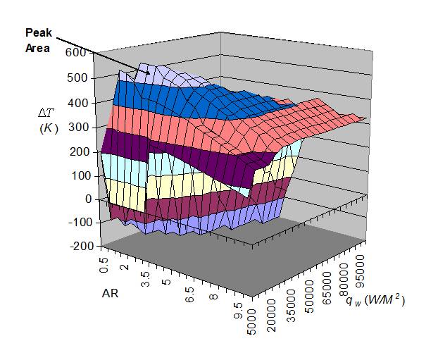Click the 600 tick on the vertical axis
(75, 52)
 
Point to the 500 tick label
(75, 77)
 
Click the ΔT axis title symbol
(46, 112)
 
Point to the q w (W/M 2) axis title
(375, 302)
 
